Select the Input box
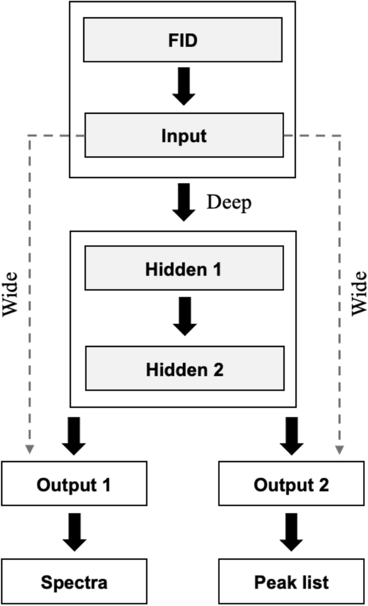[x=184, y=135]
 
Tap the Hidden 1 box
[x=183, y=268]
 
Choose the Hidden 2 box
[x=184, y=368]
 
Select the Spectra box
[x=74, y=582]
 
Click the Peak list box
[x=291, y=582]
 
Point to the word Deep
[x=229, y=202]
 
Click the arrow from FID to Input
[x=184, y=86]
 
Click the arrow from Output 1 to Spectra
[x=74, y=531]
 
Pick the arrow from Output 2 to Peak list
[x=291, y=531]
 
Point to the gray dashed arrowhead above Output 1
[x=28, y=449]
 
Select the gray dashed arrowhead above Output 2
[x=340, y=449]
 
